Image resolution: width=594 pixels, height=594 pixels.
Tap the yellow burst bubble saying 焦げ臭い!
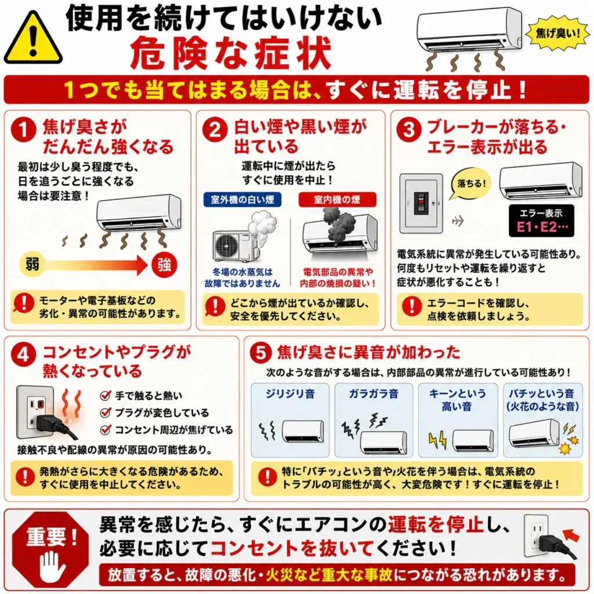pos(557,33)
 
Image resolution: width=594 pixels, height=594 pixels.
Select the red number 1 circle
pos(23,129)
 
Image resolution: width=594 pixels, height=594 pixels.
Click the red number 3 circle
pos(409,129)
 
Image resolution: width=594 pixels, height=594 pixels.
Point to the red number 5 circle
pos(261,353)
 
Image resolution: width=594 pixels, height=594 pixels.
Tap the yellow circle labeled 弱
pos(32,264)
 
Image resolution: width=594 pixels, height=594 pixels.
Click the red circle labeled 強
pos(164,265)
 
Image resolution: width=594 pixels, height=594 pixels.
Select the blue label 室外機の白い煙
pos(242,200)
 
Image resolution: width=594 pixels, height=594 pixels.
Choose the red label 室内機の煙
pos(337,200)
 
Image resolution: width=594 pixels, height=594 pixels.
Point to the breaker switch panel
pos(421,204)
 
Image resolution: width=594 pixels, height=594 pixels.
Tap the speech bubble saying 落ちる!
pos(470,184)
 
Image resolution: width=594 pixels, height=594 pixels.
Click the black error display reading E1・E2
pos(541,221)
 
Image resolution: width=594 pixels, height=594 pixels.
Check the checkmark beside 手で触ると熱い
pos(106,396)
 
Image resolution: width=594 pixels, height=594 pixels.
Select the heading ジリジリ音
pos(290,394)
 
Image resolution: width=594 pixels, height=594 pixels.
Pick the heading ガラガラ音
pos(374,394)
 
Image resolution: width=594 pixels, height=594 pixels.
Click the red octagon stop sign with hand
pos(50,549)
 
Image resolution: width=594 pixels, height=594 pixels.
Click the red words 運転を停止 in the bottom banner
pos(436,525)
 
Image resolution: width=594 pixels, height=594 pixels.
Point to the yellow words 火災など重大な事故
pos(329,575)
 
